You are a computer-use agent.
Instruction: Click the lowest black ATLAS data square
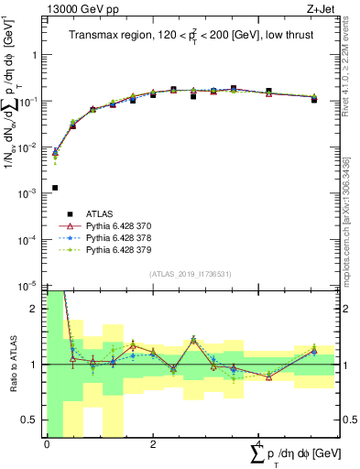[55, 188]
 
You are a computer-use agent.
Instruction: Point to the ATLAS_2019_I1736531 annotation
[191, 274]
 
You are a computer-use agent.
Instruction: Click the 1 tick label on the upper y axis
[36, 55]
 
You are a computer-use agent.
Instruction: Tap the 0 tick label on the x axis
[47, 444]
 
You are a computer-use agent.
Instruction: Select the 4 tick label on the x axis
[260, 444]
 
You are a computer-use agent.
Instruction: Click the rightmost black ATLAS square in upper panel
[314, 99]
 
